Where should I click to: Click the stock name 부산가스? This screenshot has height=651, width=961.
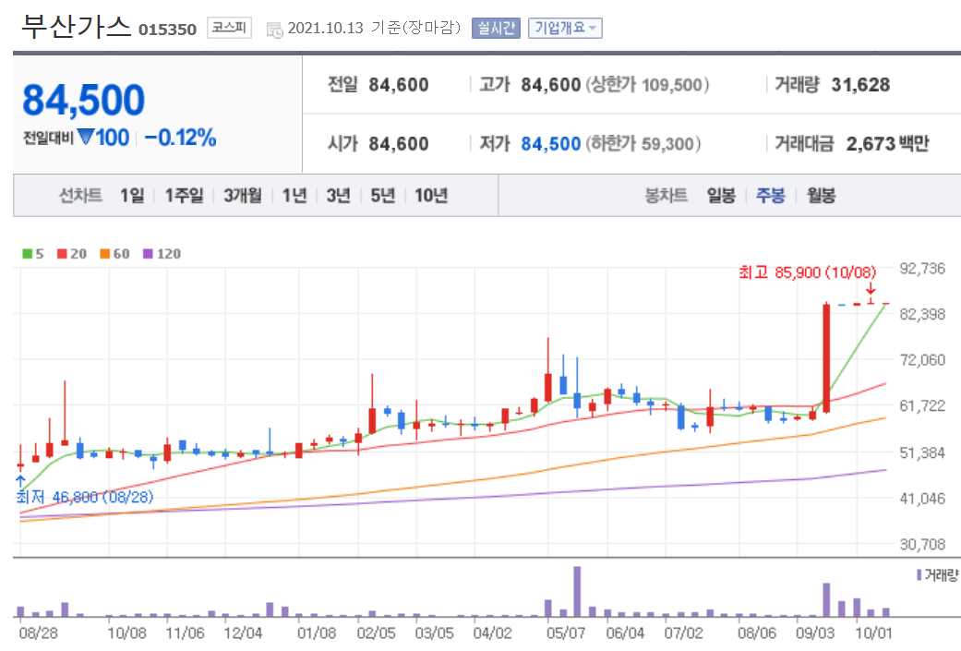point(76,27)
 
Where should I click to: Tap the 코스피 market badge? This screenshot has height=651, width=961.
point(228,28)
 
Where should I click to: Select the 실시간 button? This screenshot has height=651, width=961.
point(497,28)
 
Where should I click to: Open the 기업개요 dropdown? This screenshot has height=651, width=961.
point(565,28)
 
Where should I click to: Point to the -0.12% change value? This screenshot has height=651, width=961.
point(180,139)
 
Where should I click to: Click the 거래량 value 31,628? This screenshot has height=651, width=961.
point(860,85)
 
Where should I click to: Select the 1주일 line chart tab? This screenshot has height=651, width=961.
point(184,196)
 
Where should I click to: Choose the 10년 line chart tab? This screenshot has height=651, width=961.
point(431,196)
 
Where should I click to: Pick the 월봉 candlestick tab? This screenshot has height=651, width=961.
point(821,196)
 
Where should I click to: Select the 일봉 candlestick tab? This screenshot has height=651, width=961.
point(721,196)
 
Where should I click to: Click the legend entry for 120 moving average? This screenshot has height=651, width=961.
point(162,254)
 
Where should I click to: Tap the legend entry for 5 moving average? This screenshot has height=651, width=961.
point(34,254)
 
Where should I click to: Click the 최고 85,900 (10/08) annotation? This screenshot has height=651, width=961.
point(807,273)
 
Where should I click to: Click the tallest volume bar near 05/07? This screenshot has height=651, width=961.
point(577,591)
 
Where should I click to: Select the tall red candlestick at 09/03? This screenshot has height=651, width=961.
point(826,357)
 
